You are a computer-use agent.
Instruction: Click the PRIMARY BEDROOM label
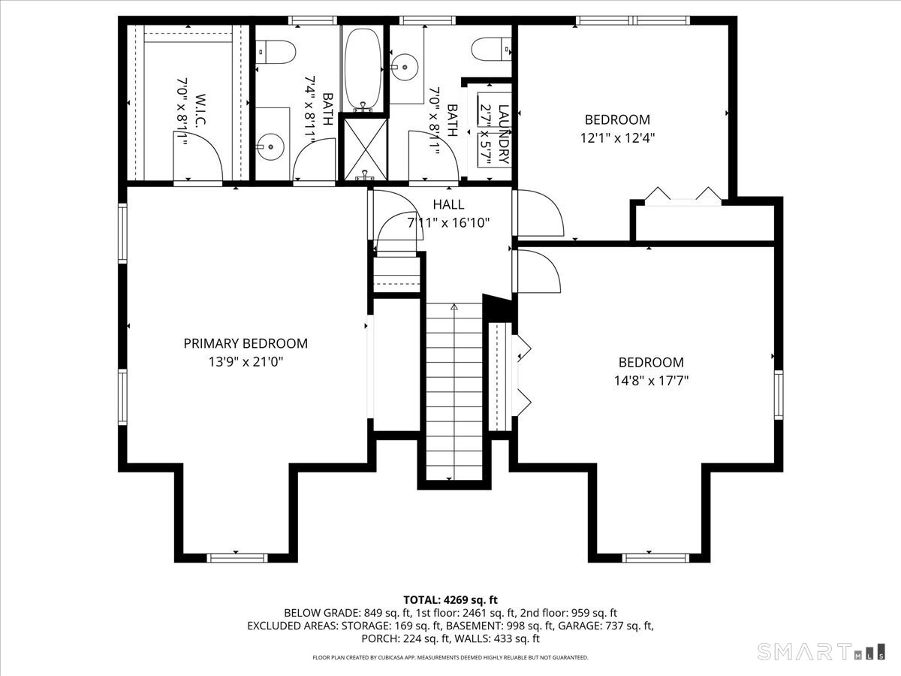click(x=246, y=343)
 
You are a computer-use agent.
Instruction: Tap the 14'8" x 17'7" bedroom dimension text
click(x=651, y=380)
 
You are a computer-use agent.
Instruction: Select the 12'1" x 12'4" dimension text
click(x=617, y=137)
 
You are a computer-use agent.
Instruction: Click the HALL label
click(x=448, y=204)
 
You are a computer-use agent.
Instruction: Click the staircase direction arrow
click(x=454, y=306)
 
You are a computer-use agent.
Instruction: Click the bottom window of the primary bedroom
click(x=237, y=557)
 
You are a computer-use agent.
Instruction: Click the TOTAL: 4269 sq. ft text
click(x=450, y=599)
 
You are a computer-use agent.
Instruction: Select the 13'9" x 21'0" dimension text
click(x=246, y=361)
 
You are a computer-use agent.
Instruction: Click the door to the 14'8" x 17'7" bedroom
click(x=537, y=273)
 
